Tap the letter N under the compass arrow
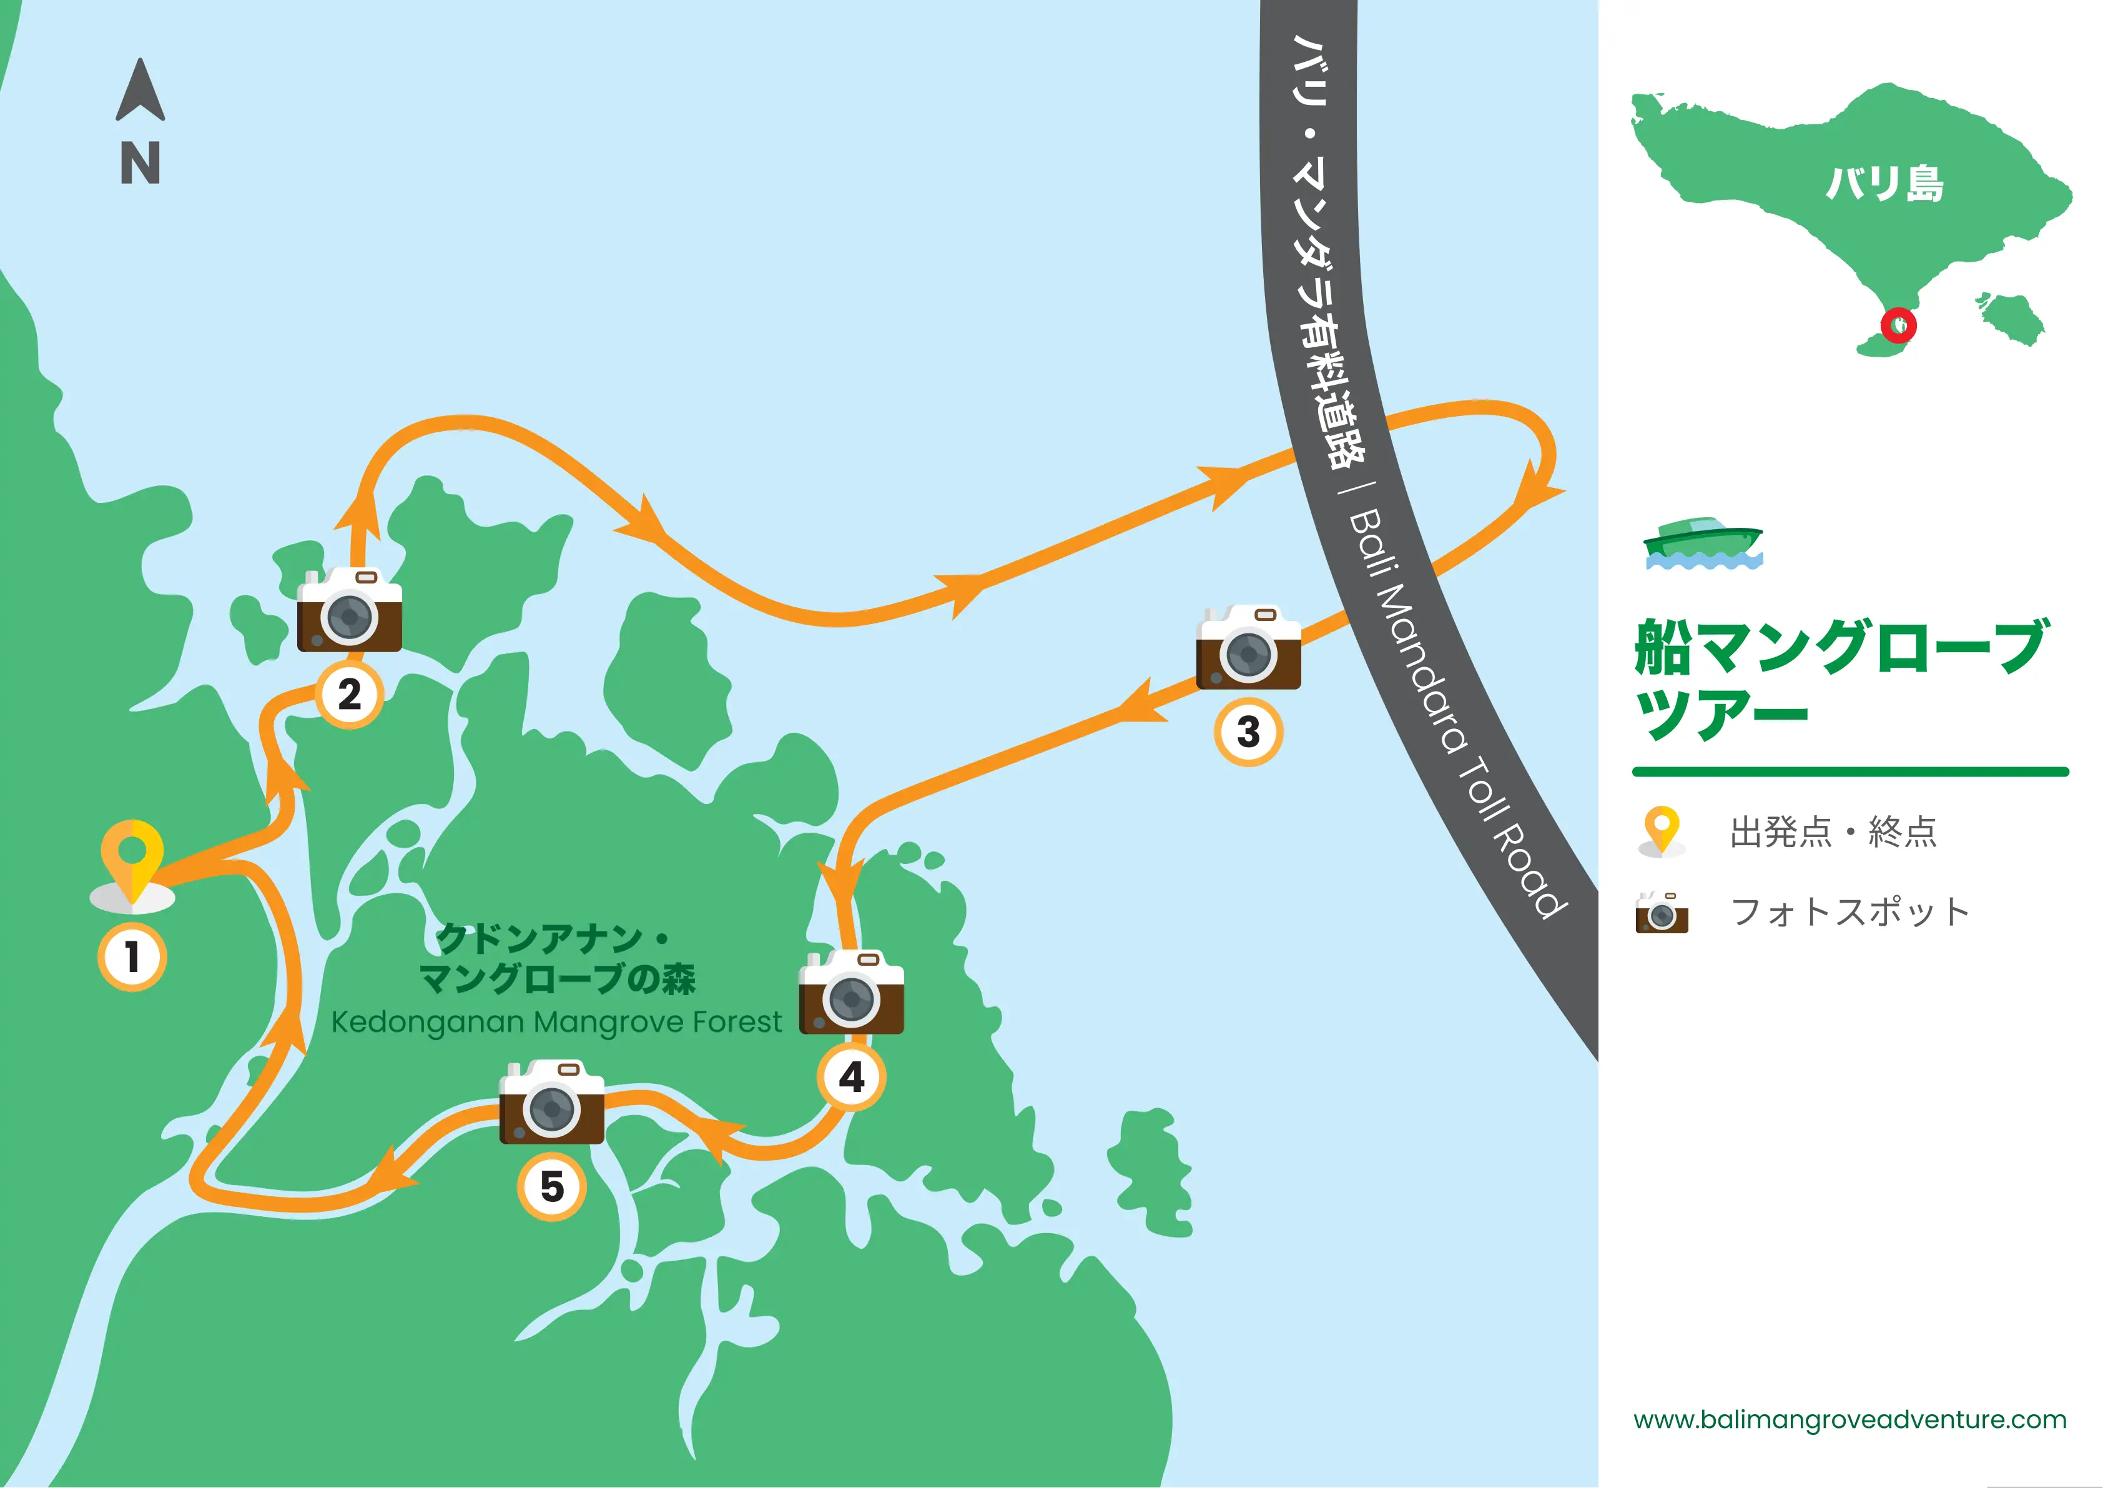[140, 163]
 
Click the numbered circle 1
[132, 956]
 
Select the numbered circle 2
[349, 695]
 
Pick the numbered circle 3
[1248, 732]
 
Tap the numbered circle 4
[851, 1076]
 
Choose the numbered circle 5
[551, 1186]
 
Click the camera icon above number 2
[349, 610]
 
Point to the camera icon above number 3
[1248, 647]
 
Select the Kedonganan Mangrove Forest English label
[556, 1021]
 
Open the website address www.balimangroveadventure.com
[1849, 1419]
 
